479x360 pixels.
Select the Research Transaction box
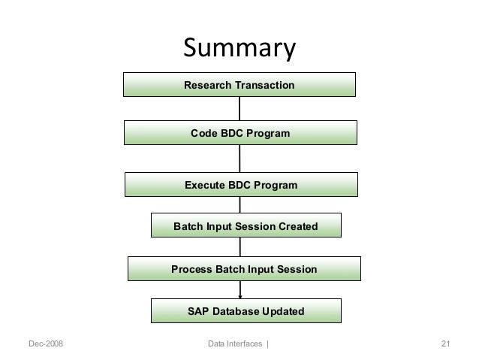tap(239, 86)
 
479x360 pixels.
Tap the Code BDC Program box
tap(239, 133)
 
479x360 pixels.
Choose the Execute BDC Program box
tap(240, 185)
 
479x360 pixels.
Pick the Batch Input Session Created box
tap(246, 225)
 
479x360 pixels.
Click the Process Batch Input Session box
tap(244, 269)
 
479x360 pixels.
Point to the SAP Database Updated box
tap(246, 310)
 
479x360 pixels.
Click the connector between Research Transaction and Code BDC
tap(239, 109)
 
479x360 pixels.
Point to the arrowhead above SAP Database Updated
tap(240, 296)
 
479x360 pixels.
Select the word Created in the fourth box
tap(296, 225)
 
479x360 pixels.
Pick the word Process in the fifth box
tap(192, 269)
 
